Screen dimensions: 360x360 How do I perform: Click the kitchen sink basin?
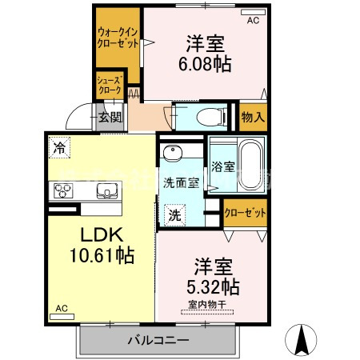106,190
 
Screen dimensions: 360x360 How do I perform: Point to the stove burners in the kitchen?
63,190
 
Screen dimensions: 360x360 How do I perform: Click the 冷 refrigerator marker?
58,146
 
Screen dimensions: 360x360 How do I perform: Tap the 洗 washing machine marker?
174,214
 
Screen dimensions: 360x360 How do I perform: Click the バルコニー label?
158,341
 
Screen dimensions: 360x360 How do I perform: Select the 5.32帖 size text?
211,285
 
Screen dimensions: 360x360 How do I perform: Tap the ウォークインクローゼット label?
116,37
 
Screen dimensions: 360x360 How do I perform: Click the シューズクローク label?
108,86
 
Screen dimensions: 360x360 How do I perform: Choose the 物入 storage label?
253,117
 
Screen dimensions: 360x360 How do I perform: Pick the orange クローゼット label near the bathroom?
245,213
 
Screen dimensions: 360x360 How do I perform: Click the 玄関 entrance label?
110,118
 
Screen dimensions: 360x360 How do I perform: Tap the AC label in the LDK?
62,308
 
